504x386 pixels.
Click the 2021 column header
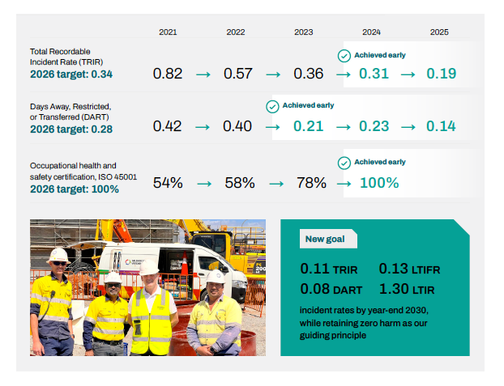pyautogui.click(x=168, y=32)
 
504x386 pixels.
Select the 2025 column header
pyautogui.click(x=439, y=32)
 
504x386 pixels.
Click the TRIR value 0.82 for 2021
pyautogui.click(x=168, y=74)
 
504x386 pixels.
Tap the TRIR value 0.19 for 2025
pyautogui.click(x=441, y=74)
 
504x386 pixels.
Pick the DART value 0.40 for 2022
pyautogui.click(x=237, y=126)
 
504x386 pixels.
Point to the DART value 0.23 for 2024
pyautogui.click(x=374, y=126)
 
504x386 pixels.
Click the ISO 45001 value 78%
pyautogui.click(x=311, y=183)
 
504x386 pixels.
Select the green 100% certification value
pyautogui.click(x=379, y=183)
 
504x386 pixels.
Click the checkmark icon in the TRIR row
pyautogui.click(x=344, y=56)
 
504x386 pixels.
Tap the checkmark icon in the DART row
pyautogui.click(x=272, y=107)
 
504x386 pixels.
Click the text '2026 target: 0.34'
pyautogui.click(x=71, y=74)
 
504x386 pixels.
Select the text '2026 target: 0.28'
pyautogui.click(x=71, y=129)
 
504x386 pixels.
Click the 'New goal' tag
pyautogui.click(x=328, y=239)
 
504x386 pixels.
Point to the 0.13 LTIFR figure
pyautogui.click(x=409, y=269)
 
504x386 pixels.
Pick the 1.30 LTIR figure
pyautogui.click(x=407, y=289)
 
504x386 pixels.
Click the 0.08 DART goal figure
pyautogui.click(x=331, y=289)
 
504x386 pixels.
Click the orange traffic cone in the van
pyautogui.click(x=185, y=264)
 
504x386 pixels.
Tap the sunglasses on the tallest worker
pyautogui.click(x=59, y=263)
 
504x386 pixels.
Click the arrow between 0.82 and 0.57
pyautogui.click(x=203, y=74)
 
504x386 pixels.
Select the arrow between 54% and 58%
pyautogui.click(x=204, y=184)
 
